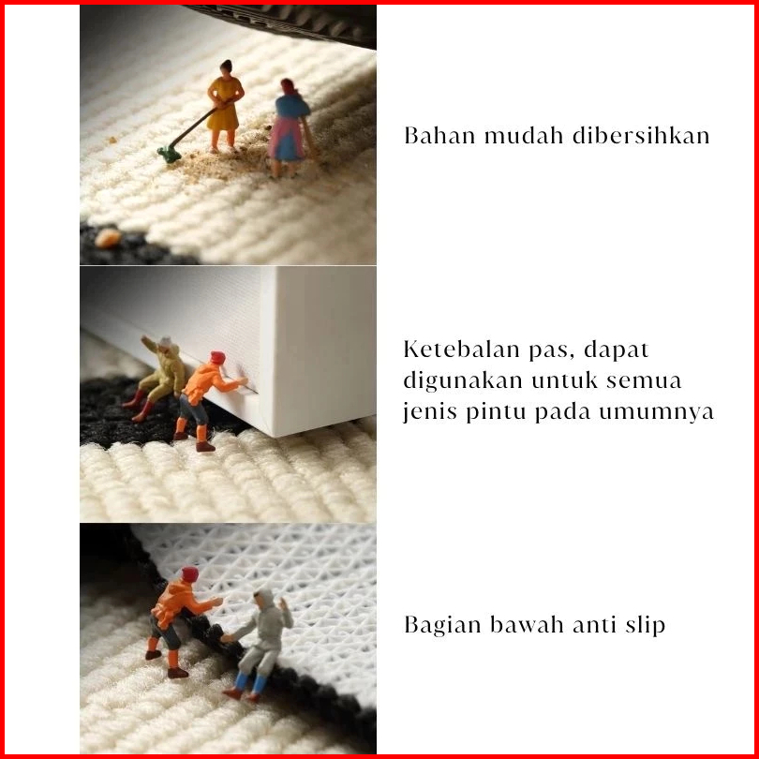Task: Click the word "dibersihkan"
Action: coord(641,136)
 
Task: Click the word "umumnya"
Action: coord(656,413)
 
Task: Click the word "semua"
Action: coord(644,381)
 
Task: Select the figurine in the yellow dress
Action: coord(225,106)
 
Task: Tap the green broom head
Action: coord(170,155)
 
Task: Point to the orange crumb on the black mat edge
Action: coord(108,238)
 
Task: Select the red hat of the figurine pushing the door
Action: coord(217,357)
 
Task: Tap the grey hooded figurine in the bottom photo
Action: coord(260,643)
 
